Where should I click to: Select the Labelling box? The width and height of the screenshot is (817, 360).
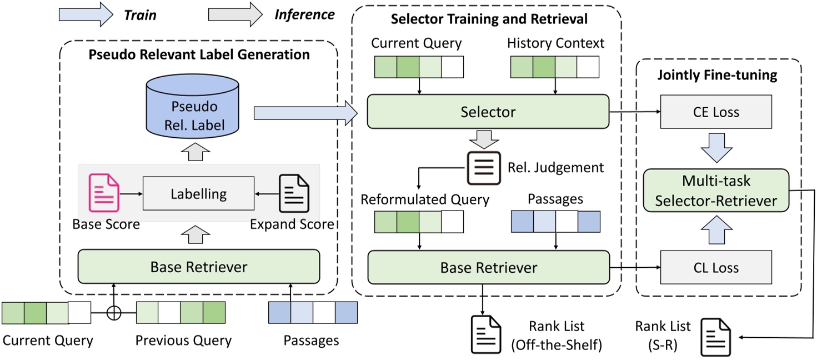click(x=198, y=193)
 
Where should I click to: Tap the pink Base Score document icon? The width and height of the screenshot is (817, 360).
click(x=104, y=193)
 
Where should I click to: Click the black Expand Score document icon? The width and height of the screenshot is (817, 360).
click(x=294, y=193)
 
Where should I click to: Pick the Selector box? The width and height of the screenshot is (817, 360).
click(x=488, y=112)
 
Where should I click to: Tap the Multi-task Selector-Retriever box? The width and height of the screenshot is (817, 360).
click(x=716, y=191)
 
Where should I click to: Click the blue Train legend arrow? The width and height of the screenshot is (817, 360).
click(x=85, y=14)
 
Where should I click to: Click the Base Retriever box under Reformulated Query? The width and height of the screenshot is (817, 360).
click(x=488, y=268)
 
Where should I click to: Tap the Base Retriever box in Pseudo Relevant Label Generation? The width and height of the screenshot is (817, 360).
click(x=198, y=267)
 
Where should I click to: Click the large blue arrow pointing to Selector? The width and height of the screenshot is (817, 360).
click(x=306, y=113)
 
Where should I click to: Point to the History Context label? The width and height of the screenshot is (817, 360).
click(x=555, y=43)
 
